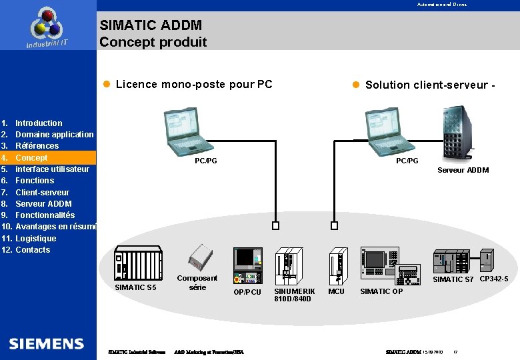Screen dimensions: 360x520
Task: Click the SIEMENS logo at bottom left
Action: coord(47,344)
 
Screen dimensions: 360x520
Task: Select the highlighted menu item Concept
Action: coord(31,158)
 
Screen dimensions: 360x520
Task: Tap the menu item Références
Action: coord(37,146)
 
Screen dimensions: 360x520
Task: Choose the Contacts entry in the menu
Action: coord(32,250)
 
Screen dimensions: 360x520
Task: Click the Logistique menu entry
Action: coord(35,239)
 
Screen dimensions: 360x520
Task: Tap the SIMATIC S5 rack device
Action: coord(138,263)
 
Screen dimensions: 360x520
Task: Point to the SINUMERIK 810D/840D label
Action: coord(294,295)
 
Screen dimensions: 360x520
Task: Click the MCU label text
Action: coord(337,292)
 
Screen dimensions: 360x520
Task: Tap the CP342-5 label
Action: coord(494,279)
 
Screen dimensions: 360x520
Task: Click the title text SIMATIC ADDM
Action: coord(151,26)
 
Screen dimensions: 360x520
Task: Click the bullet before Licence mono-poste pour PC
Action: coord(106,85)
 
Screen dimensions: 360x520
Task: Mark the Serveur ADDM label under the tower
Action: coord(463,170)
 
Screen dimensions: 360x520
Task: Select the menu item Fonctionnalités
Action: coord(45,215)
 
